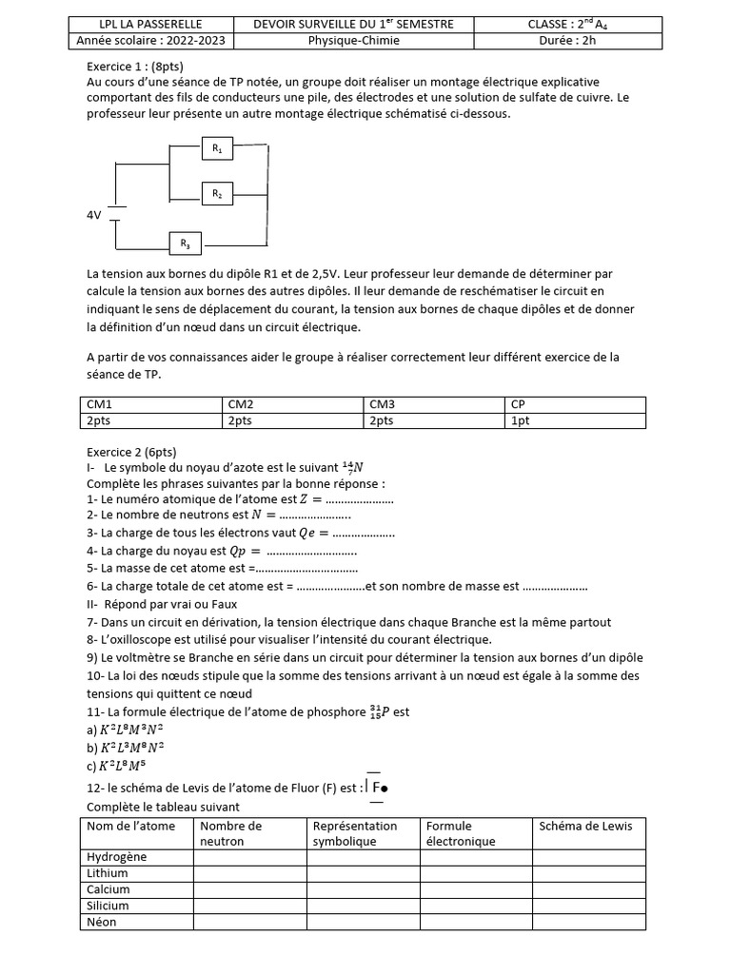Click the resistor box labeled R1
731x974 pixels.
[x=217, y=148]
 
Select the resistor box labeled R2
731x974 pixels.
[x=217, y=193]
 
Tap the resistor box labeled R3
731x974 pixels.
[x=185, y=243]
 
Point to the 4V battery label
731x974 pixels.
[x=93, y=216]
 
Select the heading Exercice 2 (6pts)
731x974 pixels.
[x=131, y=452]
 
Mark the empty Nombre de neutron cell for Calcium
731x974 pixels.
[x=249, y=889]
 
